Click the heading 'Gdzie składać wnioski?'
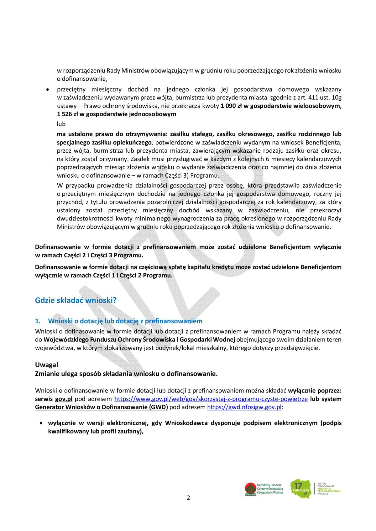click(76, 300)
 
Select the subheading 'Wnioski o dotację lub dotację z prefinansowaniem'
click(125, 321)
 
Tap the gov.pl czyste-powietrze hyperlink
click(211, 399)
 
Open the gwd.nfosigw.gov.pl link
click(244, 407)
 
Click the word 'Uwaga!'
click(47, 365)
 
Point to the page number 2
click(188, 498)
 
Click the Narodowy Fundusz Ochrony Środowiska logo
click(264, 489)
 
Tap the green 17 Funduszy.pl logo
click(300, 488)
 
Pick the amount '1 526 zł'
click(67, 114)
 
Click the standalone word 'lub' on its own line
click(61, 124)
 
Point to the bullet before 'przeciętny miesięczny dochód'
click(48, 90)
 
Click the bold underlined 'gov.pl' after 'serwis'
click(64, 399)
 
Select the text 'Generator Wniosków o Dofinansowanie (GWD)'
click(101, 407)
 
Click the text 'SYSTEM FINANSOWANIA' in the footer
click(326, 485)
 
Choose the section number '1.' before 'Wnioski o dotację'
click(38, 321)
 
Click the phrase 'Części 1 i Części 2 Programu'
click(133, 276)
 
